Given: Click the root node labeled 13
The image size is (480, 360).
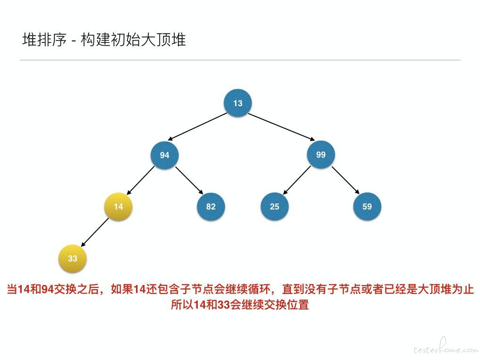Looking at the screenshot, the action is tap(238, 103).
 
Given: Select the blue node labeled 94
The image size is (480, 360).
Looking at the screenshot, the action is tap(164, 155).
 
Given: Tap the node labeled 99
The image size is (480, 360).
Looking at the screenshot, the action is tap(321, 154).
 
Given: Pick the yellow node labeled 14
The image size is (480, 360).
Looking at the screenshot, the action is tap(118, 207).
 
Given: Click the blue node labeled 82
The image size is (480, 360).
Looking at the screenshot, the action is tap(211, 207).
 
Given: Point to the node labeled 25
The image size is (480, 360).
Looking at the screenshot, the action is tap(275, 207).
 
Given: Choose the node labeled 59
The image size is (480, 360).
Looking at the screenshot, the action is tap(367, 207).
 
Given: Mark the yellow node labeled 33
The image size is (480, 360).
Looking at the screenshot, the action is tap(73, 259).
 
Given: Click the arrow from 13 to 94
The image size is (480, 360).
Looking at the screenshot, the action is tap(197, 127).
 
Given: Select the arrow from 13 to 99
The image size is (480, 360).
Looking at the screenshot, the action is tap(282, 127).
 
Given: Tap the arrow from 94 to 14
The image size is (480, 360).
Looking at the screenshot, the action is tap(140, 180).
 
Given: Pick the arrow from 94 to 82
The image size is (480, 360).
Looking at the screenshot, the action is tap(189, 180).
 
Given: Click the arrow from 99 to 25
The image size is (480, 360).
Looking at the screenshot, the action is tap(296, 180).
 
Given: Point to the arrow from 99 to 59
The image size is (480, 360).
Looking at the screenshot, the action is tap(345, 180).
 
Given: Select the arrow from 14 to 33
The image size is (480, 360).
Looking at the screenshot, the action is tap(94, 232).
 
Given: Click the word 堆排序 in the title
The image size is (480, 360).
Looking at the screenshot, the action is tap(44, 40).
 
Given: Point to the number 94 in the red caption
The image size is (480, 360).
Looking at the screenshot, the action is tap(48, 289).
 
